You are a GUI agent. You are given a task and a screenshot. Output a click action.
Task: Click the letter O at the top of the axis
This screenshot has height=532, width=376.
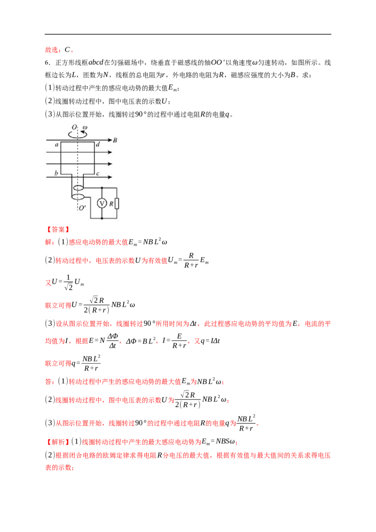tap(74, 127)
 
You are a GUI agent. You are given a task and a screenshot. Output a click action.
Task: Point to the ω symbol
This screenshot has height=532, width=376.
tap(85, 127)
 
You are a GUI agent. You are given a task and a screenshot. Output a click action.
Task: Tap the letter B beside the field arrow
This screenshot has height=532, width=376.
tap(115, 140)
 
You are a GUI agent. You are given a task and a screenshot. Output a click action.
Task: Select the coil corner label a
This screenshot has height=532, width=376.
tap(56, 145)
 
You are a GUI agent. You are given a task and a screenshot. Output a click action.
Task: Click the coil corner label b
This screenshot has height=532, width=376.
tap(56, 174)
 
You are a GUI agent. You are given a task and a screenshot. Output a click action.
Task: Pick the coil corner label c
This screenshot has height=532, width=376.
tap(97, 174)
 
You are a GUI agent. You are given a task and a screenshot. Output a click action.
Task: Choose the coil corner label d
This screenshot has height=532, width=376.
tap(97, 145)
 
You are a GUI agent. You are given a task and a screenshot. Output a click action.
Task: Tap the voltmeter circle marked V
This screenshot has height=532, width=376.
tap(102, 203)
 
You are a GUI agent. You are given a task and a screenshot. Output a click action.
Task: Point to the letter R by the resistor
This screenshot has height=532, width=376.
tap(111, 203)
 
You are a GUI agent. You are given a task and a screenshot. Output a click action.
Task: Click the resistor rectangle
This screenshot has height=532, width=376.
tap(117, 203)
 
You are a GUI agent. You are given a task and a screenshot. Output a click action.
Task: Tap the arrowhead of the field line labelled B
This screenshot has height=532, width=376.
tap(110, 140)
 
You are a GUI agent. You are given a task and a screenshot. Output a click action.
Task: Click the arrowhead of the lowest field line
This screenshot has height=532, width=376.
tap(110, 177)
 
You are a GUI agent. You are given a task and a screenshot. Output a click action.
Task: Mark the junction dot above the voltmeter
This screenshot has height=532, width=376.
tap(102, 188)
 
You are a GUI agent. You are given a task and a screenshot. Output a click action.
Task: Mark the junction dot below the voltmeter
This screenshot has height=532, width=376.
tap(102, 219)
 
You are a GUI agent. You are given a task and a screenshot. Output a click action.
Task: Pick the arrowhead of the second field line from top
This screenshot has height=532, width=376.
tap(110, 152)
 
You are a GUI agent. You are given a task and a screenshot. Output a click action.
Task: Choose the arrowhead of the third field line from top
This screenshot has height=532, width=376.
tap(110, 164)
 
